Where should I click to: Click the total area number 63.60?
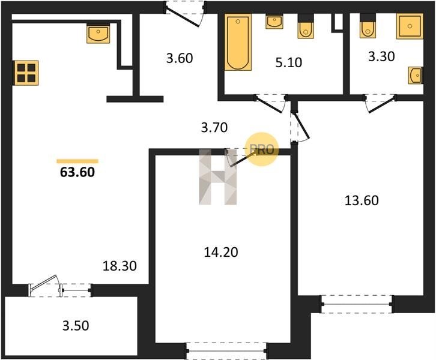77,172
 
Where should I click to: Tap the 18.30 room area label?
120,266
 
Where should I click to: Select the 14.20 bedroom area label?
221,252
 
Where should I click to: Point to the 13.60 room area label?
362,200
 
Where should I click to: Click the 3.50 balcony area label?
76,326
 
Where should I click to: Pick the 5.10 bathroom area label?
289,62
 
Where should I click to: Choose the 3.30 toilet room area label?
381,56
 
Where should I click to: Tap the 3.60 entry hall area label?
180,58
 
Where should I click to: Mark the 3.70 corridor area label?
214,127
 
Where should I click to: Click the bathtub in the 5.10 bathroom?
238,42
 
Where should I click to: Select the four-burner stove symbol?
26,73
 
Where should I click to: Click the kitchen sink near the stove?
98,34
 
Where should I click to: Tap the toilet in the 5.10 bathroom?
306,26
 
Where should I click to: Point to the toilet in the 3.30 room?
368,26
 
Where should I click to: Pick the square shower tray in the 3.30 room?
410,26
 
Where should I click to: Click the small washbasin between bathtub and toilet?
274,22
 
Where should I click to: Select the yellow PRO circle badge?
262,149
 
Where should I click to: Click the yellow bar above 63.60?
77,161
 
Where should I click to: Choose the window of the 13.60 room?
357,304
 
